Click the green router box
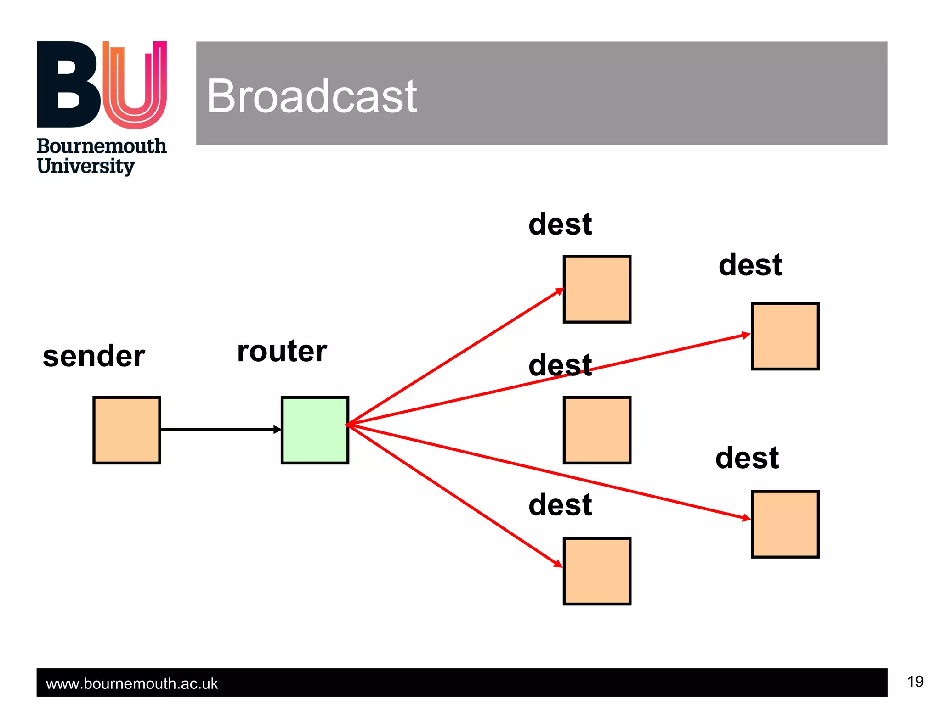coord(315,430)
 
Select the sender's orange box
coord(126,430)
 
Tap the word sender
coord(94,356)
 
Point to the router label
coord(282,351)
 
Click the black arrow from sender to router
coord(221,430)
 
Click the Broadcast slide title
coord(312,96)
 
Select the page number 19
coord(915,682)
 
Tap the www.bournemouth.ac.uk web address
coord(132,683)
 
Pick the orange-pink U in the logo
coord(135,85)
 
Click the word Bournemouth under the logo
coord(101,146)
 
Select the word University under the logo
coord(85,166)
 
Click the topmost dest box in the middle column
coord(597,289)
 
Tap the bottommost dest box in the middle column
coord(597,571)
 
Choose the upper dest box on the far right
coord(785,336)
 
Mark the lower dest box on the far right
coord(785,524)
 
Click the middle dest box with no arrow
coord(597,430)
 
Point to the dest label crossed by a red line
coord(560,365)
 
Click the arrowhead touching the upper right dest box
coord(746,335)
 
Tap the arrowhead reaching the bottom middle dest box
coord(558,564)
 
